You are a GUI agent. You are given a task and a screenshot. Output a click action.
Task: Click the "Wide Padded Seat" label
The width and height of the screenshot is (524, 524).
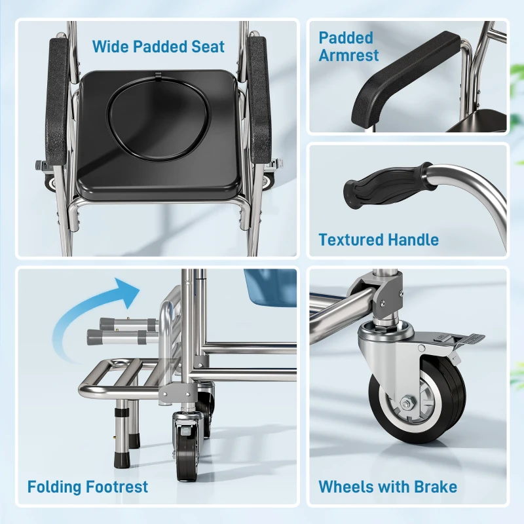(158, 47)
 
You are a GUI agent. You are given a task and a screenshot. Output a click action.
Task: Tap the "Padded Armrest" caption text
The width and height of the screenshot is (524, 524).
(348, 47)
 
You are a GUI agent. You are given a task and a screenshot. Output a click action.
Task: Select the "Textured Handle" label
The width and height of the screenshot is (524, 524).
(379, 240)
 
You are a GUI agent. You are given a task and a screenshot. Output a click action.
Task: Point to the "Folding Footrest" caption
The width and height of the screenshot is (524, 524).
(88, 487)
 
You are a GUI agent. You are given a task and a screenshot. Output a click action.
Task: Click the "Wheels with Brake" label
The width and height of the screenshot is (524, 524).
(388, 487)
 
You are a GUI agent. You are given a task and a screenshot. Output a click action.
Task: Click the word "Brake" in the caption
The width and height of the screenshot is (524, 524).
(434, 487)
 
